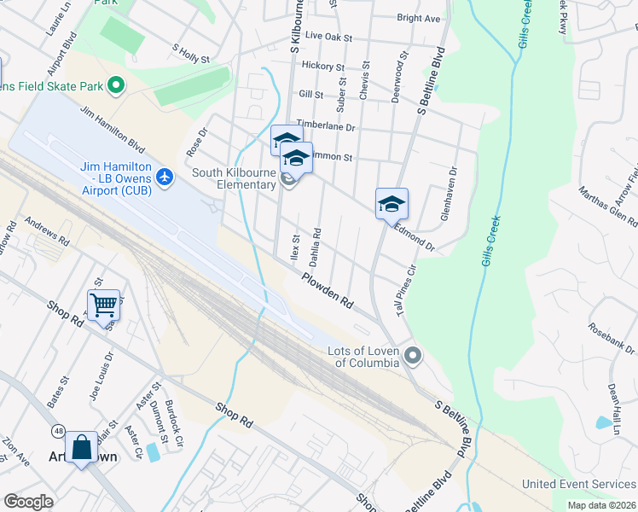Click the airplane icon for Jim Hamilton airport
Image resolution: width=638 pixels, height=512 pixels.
[x=165, y=177]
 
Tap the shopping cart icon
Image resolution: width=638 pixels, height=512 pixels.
[x=103, y=303]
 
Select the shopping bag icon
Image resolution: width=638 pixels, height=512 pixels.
[x=81, y=446]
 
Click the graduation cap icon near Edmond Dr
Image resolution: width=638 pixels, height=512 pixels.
[x=391, y=203]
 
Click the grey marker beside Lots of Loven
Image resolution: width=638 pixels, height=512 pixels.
[x=414, y=356]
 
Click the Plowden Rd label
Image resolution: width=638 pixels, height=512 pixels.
[x=327, y=290]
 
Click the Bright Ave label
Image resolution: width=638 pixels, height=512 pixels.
[x=418, y=18]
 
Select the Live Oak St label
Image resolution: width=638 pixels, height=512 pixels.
[x=328, y=37]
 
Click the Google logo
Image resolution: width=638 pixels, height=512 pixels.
[x=28, y=501]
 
